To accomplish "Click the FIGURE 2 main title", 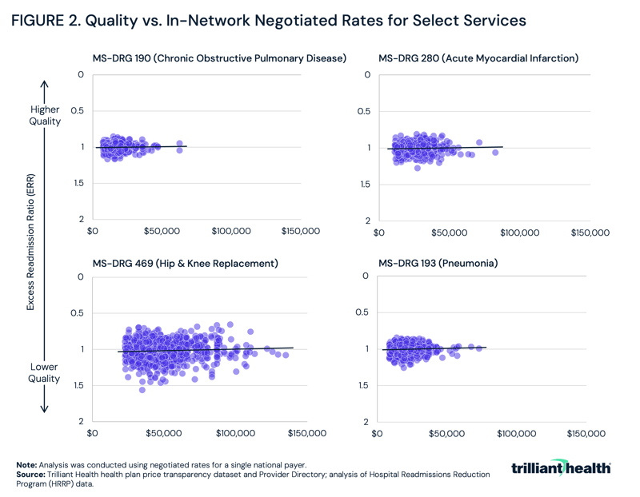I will click(x=268, y=21).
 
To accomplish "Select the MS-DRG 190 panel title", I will click(x=219, y=58).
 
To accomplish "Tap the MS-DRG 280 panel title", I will click(x=478, y=58).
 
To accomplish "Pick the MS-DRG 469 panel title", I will click(x=185, y=263).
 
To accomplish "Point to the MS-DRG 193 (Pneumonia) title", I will click(x=438, y=263).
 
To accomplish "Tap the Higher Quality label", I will click(x=46, y=115).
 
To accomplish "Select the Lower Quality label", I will click(x=45, y=372).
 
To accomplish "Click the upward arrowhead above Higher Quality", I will click(x=45, y=83).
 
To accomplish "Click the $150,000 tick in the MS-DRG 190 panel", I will click(x=299, y=231).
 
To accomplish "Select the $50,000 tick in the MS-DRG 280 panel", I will click(x=449, y=233).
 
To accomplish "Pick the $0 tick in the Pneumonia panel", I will click(x=380, y=433).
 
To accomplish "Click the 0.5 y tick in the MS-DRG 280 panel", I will click(x=364, y=111).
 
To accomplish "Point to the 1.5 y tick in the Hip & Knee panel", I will click(x=77, y=386).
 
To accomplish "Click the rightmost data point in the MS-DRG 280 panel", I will click(x=495, y=152).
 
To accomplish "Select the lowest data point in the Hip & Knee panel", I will click(x=142, y=390).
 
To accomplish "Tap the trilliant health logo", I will click(x=561, y=467).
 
